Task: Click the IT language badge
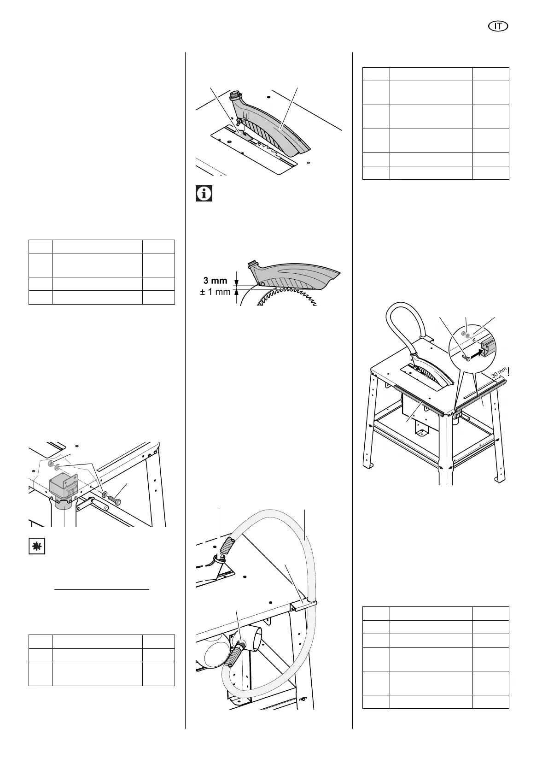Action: click(x=498, y=27)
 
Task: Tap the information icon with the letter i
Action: click(x=204, y=194)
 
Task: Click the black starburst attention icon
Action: click(x=37, y=546)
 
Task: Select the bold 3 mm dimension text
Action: click(x=216, y=281)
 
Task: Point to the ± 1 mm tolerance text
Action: click(x=215, y=292)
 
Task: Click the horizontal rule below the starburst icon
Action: click(x=102, y=589)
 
